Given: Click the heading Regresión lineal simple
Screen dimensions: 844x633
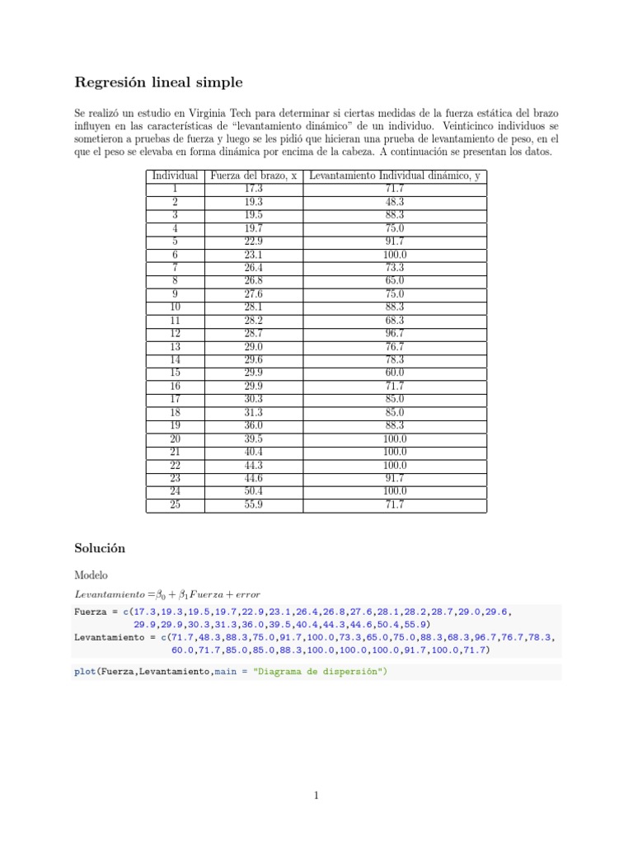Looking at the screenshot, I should pyautogui.click(x=158, y=82).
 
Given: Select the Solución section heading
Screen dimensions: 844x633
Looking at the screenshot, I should pyautogui.click(x=99, y=547).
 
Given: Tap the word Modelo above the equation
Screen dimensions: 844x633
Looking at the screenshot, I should pyautogui.click(x=91, y=574).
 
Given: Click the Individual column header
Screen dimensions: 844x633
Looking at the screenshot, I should pyautogui.click(x=175, y=176).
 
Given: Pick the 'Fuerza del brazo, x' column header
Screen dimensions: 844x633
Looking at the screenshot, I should pyautogui.click(x=254, y=176).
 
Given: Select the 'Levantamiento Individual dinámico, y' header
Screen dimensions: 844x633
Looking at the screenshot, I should pyautogui.click(x=395, y=176).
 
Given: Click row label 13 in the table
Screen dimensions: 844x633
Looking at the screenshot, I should pyautogui.click(x=175, y=346).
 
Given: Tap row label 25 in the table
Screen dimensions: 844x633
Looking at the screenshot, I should pyautogui.click(x=175, y=504).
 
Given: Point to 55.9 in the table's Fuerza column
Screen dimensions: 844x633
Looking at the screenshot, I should pyautogui.click(x=254, y=504).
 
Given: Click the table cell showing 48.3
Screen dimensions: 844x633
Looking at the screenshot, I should pyautogui.click(x=395, y=202).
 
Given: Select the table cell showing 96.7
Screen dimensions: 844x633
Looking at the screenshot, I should pyautogui.click(x=395, y=334).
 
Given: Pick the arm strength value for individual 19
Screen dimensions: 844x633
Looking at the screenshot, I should pyautogui.click(x=254, y=425).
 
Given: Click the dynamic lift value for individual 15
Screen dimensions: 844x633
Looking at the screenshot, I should pyautogui.click(x=395, y=373).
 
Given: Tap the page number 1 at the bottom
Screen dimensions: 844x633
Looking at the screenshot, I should pyautogui.click(x=316, y=795).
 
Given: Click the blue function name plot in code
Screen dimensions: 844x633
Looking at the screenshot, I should pyautogui.click(x=84, y=672).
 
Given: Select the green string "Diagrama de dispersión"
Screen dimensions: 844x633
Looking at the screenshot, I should pyautogui.click(x=318, y=672).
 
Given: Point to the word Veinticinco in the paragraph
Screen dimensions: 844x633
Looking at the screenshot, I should pyautogui.click(x=475, y=126).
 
